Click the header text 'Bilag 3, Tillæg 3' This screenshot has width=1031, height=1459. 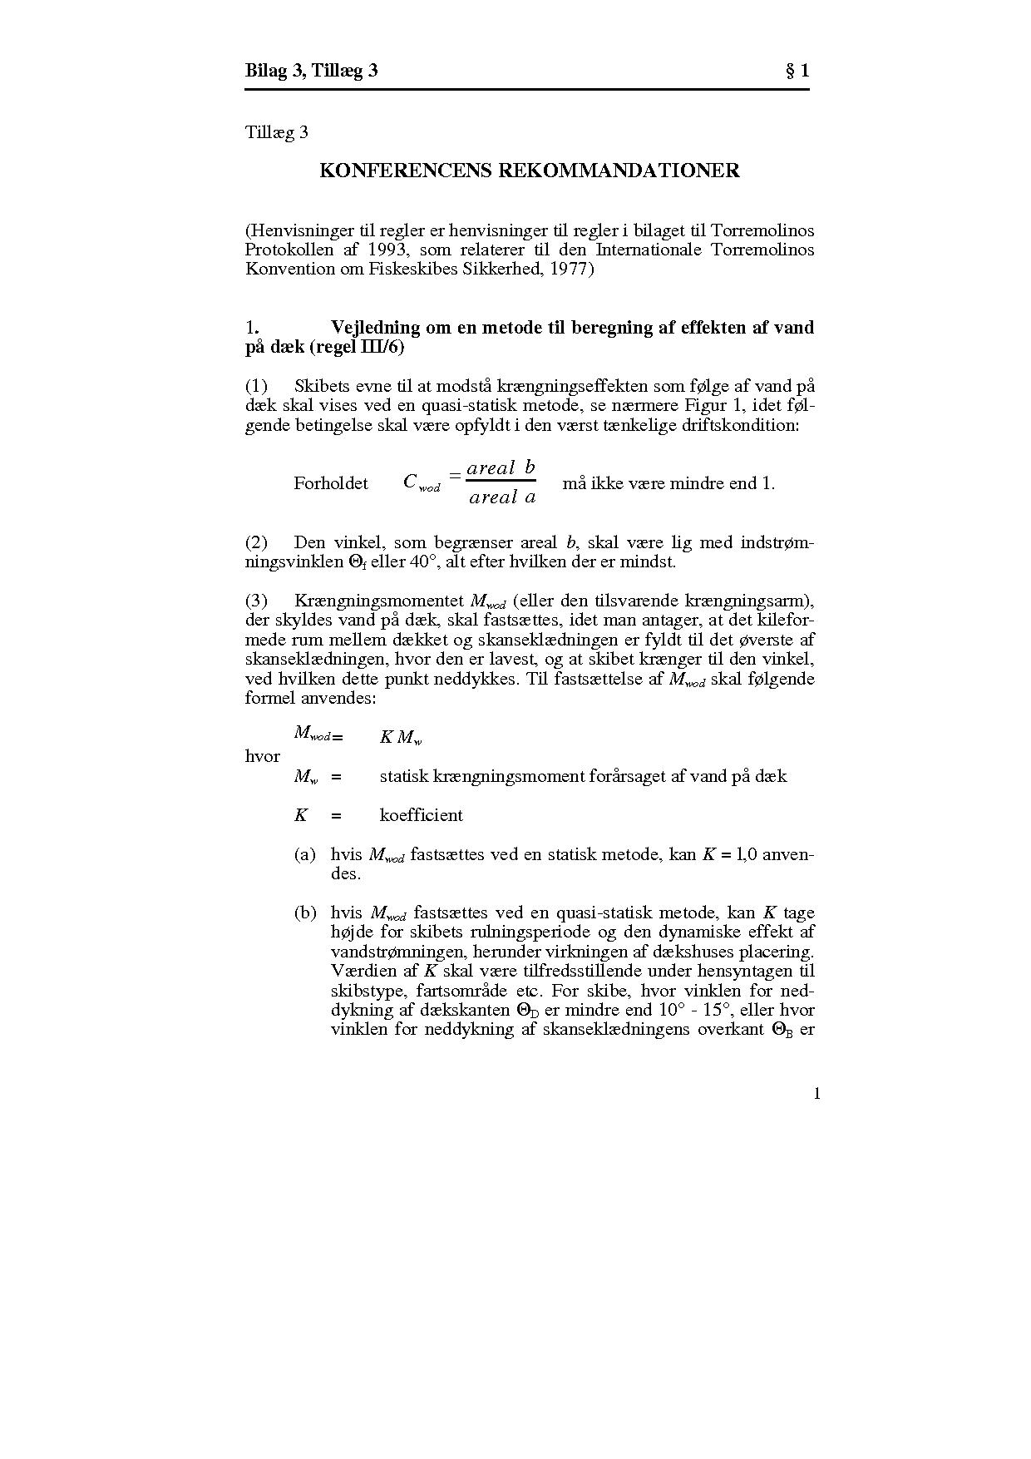coord(311,71)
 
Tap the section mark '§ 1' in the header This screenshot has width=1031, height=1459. coord(797,71)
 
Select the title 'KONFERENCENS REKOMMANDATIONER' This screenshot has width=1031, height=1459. coord(530,171)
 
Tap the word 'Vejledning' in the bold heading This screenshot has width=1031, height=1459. coord(375,327)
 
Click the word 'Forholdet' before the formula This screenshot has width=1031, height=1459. coord(331,483)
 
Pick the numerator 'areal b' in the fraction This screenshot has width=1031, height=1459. coord(501,467)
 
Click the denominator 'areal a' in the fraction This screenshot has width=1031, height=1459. coord(501,497)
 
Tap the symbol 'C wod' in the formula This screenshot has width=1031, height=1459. coord(422,482)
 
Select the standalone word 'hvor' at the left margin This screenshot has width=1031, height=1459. coord(262,756)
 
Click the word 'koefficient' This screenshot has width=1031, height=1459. coord(421,815)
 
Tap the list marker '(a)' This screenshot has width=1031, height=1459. coord(305,854)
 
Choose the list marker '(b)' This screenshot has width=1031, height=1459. coord(305,912)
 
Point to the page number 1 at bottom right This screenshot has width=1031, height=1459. coord(816,1093)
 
